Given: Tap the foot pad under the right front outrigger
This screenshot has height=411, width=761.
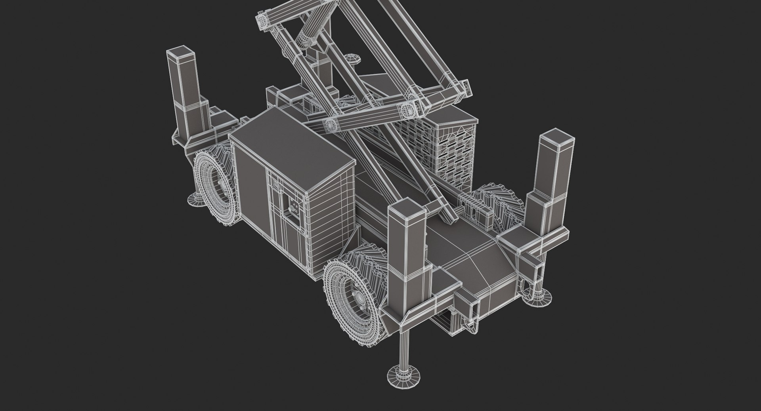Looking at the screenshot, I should click(x=537, y=295).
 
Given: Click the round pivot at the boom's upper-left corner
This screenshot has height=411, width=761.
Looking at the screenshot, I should click(x=262, y=21).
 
